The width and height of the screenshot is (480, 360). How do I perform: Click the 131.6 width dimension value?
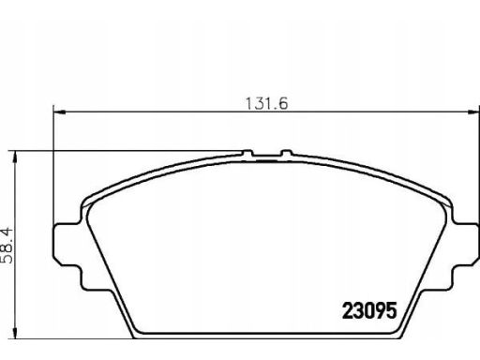(x=261, y=103)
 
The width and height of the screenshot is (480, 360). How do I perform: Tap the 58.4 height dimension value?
(x=9, y=243)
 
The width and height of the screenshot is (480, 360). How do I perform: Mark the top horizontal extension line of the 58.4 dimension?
(x=131, y=151)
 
